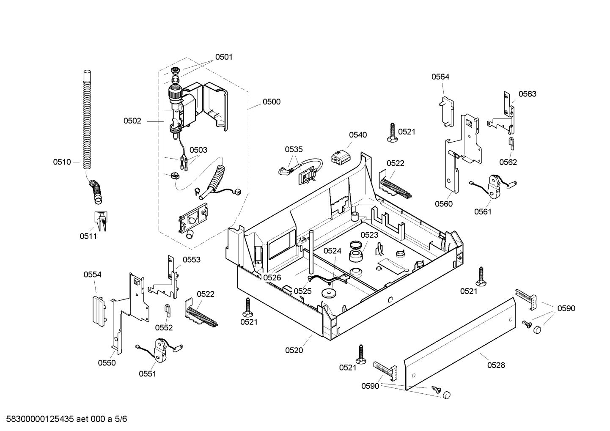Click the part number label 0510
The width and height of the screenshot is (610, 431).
coord(62,162)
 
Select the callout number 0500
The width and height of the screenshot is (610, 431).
coord(271,102)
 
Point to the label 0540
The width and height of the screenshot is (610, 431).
coord(358,135)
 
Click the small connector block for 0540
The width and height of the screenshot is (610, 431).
coord(341,156)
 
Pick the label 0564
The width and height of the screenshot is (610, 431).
coord(440,77)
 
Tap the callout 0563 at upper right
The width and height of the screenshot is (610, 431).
coord(528,94)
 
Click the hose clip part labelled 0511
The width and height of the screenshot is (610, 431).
coord(101,221)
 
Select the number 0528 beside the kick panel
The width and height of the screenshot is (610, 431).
coord(496,365)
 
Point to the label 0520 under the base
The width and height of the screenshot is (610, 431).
coord(294,350)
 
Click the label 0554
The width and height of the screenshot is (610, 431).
coord(92,275)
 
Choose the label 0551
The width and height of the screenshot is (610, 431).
coord(148,374)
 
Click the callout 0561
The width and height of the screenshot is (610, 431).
coord(483,211)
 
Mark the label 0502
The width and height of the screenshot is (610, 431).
coord(132,121)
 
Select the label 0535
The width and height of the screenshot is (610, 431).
coord(294,149)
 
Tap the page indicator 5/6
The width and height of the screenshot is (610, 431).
coord(121,419)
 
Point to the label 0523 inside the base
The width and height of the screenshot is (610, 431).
coord(370,235)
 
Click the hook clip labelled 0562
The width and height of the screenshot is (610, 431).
coord(511,143)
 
